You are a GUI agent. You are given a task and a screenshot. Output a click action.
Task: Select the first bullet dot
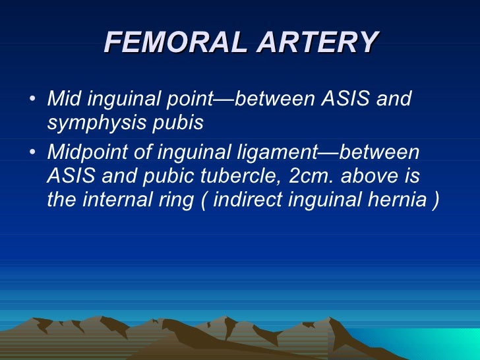coord(34,101)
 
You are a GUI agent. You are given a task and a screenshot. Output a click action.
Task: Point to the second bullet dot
coord(34,152)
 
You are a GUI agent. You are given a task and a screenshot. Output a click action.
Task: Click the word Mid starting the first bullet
coord(62,100)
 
